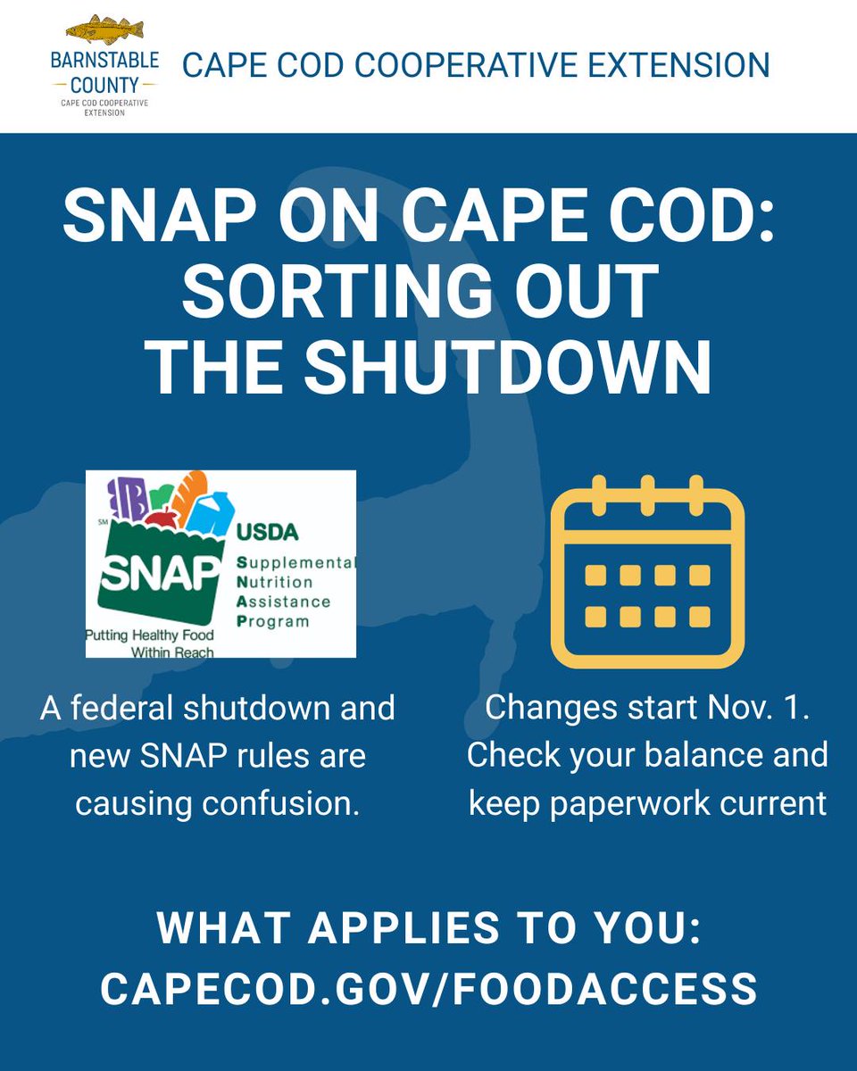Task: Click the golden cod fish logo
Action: pyautogui.click(x=104, y=30)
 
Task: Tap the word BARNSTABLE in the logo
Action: pyautogui.click(x=104, y=62)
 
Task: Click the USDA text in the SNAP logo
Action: pyautogui.click(x=267, y=533)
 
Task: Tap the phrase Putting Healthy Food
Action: pyautogui.click(x=149, y=636)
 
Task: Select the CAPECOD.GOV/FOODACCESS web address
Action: pyautogui.click(x=428, y=989)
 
